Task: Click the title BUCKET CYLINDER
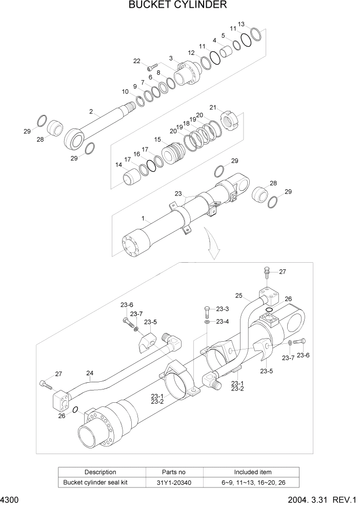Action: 178,6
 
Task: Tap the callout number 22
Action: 137,61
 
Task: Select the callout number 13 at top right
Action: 242,24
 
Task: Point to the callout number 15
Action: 157,139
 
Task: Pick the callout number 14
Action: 119,165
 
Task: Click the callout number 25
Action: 238,296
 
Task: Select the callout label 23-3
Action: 222,309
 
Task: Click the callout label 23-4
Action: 222,322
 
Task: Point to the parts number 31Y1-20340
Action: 175,482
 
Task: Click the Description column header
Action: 101,472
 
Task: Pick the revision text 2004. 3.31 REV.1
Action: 325,500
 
